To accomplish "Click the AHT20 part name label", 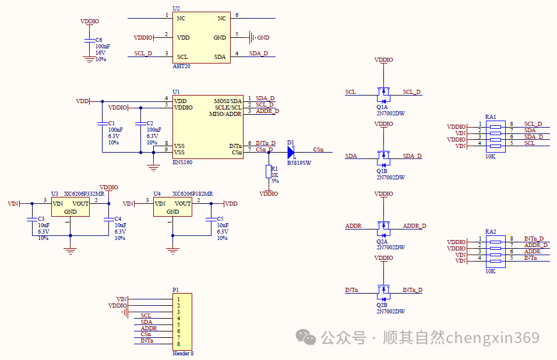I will [181, 66].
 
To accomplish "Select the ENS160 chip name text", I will [182, 163].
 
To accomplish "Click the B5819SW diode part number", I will [299, 163].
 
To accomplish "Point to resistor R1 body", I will [268, 171].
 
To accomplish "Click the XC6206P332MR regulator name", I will [84, 193].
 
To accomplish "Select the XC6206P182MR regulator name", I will [192, 193].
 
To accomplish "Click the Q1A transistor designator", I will [382, 107].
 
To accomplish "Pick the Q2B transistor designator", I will [382, 305].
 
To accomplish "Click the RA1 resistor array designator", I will [491, 117].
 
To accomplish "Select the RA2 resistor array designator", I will [491, 231].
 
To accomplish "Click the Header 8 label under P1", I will [183, 353].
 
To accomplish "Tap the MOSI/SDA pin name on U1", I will [228, 101].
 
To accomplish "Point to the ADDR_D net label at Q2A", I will [414, 225].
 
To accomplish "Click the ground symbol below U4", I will [172, 251].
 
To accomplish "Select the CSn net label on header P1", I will [146, 334].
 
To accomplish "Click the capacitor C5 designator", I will [220, 219].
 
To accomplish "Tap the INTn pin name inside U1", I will [235, 146].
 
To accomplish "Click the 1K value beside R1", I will [274, 175].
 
